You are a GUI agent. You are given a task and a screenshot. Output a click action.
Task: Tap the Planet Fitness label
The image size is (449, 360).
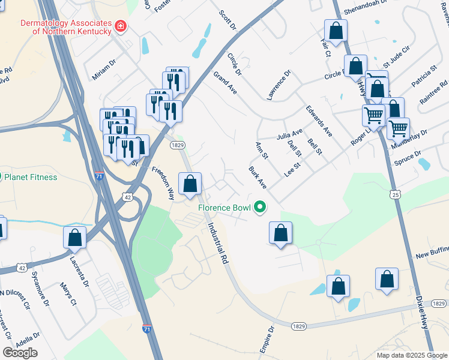31,177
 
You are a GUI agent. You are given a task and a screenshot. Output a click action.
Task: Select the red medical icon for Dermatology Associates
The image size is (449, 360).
121,26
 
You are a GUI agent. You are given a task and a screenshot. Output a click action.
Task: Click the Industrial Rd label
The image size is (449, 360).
218,244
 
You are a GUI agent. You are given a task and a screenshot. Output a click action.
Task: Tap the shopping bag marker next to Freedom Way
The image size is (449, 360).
190,184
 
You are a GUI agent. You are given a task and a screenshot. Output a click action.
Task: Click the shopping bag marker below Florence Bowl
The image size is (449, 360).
280,233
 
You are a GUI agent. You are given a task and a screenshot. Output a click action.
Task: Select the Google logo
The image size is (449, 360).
20,353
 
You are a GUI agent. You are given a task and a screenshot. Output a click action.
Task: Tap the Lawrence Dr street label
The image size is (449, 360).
279,85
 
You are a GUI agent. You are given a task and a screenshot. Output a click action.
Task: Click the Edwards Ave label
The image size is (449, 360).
319,121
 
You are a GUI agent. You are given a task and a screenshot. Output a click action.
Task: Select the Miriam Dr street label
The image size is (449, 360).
104,70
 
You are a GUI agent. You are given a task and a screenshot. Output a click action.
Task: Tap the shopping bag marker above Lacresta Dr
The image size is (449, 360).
74,237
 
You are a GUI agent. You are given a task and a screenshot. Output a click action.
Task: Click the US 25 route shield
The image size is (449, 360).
394,194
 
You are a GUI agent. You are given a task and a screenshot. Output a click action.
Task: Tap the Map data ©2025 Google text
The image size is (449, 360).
411,355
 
